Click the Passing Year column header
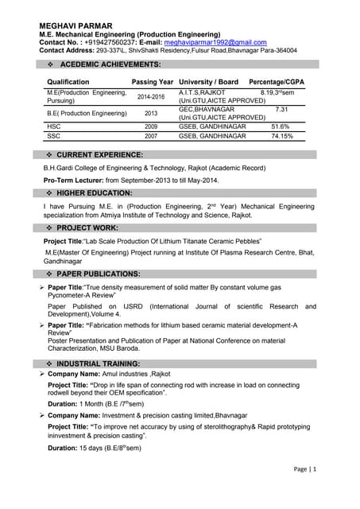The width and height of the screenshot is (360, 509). [152, 82]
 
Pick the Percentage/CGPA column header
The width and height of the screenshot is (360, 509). [276, 82]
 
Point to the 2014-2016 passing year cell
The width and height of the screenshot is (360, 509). [151, 97]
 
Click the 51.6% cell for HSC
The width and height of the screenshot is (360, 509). [281, 126]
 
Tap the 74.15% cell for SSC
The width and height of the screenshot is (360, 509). [281, 136]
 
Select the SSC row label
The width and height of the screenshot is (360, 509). [54, 136]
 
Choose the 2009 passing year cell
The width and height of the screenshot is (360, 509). [151, 126]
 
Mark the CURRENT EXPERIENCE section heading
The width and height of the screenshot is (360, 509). [100, 154]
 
